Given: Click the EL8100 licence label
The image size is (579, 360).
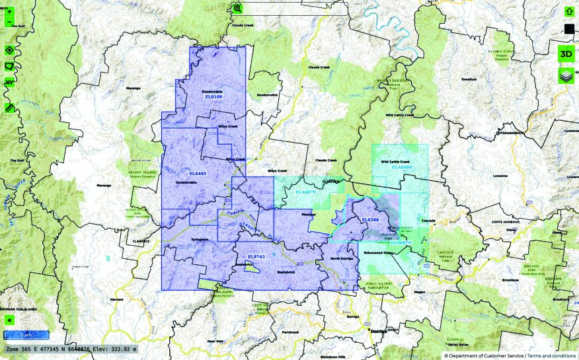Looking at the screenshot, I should [213, 97].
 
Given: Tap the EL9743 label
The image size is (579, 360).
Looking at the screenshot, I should [255, 256].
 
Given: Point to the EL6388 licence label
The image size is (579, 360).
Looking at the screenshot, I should [370, 219].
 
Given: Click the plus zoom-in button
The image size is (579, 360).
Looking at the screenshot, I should [9, 11].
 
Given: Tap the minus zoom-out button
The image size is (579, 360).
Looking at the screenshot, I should [9, 22].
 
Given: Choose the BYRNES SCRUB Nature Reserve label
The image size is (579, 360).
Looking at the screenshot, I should [506, 54].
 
